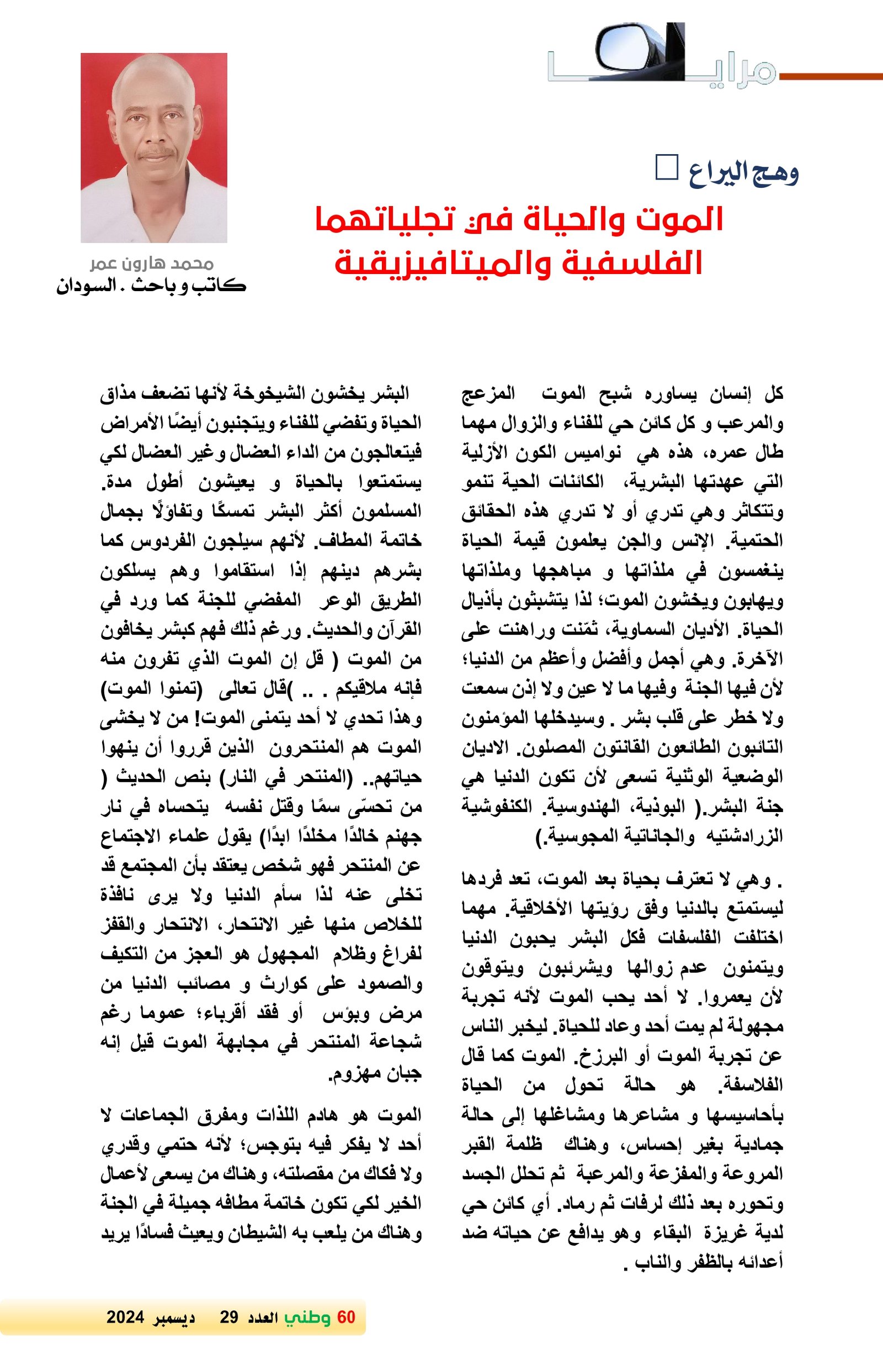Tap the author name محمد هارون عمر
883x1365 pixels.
[152, 264]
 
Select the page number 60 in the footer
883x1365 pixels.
[346, 1317]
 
